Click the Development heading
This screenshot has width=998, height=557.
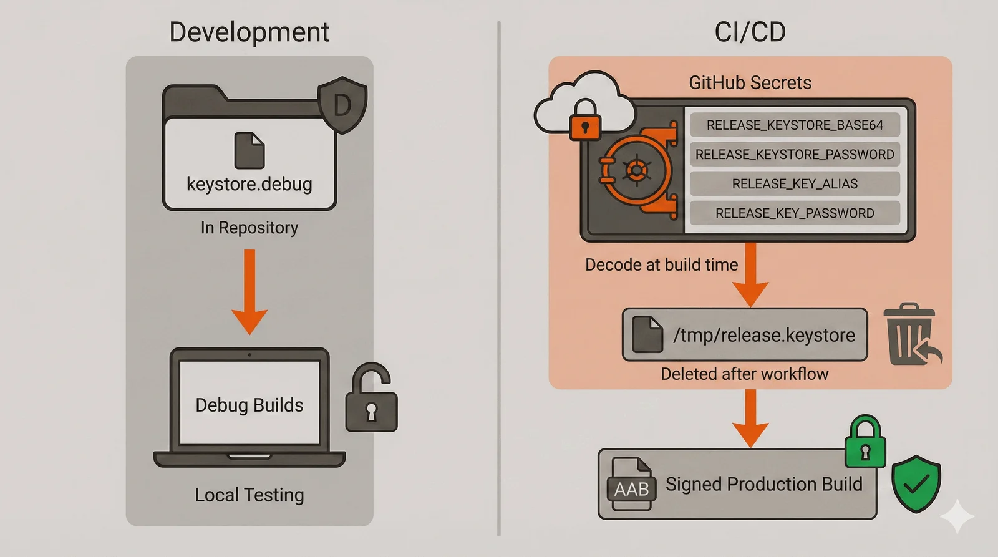(x=249, y=32)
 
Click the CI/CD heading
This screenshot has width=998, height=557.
(x=750, y=32)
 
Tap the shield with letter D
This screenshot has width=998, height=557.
(x=342, y=105)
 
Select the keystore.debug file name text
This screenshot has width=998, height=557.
(x=249, y=184)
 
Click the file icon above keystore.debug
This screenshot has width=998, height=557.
(x=249, y=150)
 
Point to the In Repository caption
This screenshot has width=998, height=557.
(x=249, y=228)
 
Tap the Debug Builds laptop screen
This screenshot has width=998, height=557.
(x=249, y=404)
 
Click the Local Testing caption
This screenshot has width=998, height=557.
(x=249, y=495)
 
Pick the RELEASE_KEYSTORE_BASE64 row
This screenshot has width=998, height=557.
(x=795, y=125)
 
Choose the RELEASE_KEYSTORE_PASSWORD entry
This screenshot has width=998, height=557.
(x=795, y=154)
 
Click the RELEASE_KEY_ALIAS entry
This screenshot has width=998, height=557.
(x=795, y=183)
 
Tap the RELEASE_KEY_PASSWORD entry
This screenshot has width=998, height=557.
(x=795, y=213)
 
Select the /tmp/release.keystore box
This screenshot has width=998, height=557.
(x=745, y=335)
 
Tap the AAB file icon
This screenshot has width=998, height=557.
(x=631, y=485)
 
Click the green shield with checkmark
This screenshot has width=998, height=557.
(x=916, y=483)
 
